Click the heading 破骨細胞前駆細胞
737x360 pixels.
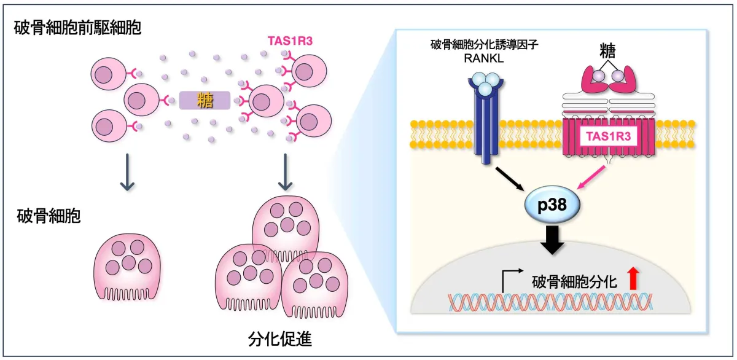click(77, 28)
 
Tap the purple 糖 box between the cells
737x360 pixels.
click(205, 100)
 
